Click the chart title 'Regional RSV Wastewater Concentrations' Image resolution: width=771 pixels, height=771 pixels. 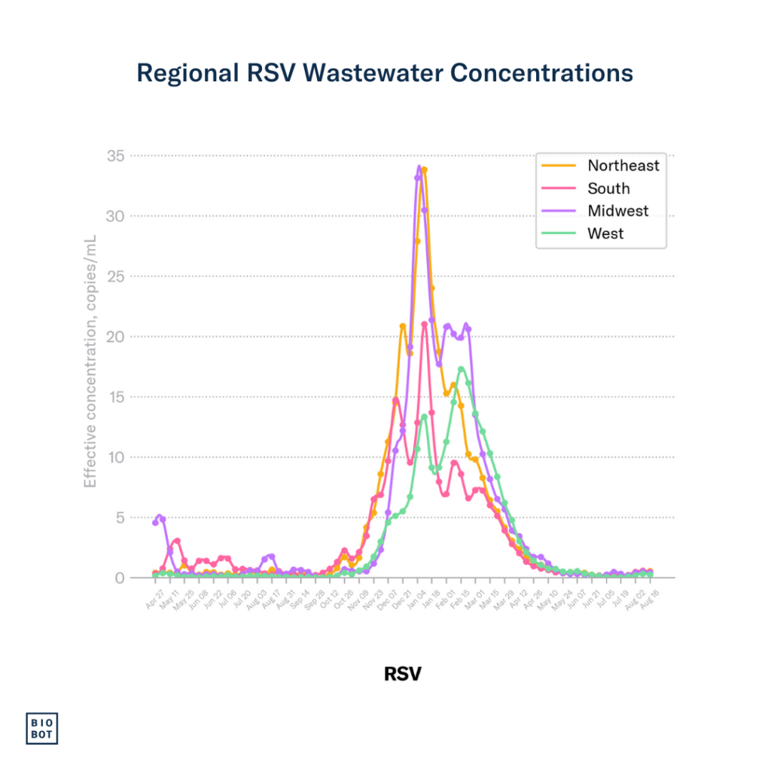click(385, 73)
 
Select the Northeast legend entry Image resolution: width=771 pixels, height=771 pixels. click(623, 166)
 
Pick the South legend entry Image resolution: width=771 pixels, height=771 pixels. click(608, 188)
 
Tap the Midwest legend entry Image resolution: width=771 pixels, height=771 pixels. click(617, 211)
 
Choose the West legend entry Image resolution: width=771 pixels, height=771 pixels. click(605, 233)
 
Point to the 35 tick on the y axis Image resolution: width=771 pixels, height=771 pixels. click(136, 156)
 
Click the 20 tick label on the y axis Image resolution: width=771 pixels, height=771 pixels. click(136, 337)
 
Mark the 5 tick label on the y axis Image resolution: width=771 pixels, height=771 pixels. click(140, 517)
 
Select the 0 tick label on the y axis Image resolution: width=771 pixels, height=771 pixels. click(140, 577)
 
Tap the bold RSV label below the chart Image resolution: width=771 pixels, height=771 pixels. click(403, 673)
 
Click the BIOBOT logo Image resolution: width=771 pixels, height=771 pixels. click(42, 727)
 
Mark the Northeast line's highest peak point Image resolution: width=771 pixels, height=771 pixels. click(425, 170)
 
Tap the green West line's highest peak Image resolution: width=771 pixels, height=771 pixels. click(461, 369)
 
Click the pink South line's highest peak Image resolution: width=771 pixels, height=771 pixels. click(425, 324)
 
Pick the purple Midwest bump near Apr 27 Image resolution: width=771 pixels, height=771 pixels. click(159, 517)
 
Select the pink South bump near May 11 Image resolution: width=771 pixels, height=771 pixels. click(177, 541)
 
